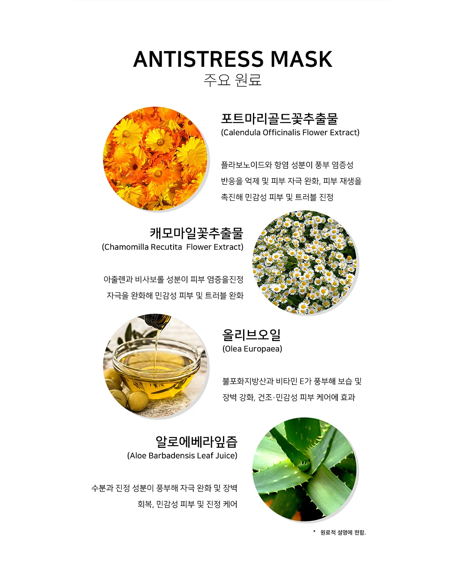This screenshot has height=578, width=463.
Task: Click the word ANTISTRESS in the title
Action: [x=198, y=59]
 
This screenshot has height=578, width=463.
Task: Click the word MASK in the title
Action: [x=301, y=59]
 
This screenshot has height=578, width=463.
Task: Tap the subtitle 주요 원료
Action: [x=232, y=80]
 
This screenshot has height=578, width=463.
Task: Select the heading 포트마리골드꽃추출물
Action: [x=279, y=119]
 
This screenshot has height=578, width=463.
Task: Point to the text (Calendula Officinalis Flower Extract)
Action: [x=290, y=132]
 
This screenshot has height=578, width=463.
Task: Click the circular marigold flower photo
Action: [x=155, y=159]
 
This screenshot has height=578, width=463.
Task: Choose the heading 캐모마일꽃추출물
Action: [x=196, y=233]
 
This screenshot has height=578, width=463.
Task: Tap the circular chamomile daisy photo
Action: [x=304, y=262]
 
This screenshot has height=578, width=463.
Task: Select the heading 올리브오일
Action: [x=251, y=335]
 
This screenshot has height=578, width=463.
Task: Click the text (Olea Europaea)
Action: [x=252, y=349]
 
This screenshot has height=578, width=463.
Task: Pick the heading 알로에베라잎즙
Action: [x=196, y=441]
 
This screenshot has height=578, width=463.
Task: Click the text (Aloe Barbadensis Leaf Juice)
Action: [x=182, y=456]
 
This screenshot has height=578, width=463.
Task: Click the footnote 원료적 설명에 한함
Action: [x=343, y=532]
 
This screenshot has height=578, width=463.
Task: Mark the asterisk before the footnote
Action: [x=314, y=531]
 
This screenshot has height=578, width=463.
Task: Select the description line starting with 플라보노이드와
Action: [x=287, y=165]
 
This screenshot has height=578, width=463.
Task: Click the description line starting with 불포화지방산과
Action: [x=292, y=381]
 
